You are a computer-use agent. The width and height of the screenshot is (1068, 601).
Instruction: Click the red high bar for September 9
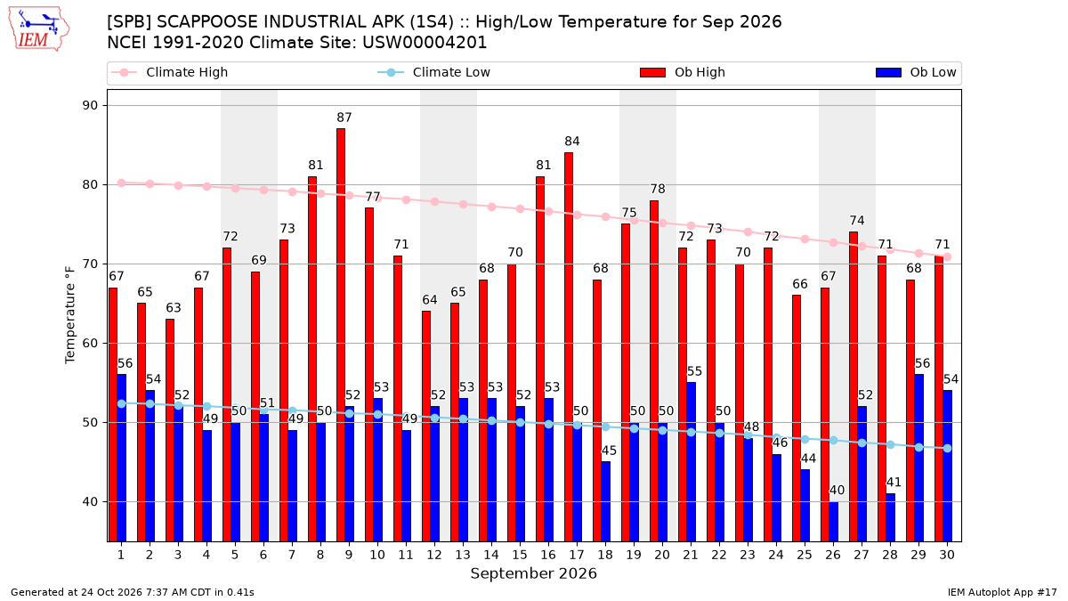340,335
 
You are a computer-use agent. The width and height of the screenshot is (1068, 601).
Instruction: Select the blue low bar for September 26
833,522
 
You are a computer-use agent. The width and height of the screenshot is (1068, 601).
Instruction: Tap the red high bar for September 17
569,346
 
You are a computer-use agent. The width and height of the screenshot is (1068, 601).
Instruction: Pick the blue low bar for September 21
691,462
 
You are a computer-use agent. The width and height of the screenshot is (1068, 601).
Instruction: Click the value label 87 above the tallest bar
344,118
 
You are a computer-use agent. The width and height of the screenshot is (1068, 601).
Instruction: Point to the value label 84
572,142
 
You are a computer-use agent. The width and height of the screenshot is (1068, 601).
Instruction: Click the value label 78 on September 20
658,189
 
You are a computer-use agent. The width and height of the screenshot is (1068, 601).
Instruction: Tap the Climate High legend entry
169,72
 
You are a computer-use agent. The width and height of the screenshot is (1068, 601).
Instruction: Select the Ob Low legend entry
916,72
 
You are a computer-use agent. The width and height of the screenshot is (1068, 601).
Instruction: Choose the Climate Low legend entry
434,72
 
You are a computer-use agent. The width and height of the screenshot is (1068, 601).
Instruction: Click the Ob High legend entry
683,72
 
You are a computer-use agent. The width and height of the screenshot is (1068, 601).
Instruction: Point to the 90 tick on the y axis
90,105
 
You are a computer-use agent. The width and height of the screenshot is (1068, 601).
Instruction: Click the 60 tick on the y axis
90,344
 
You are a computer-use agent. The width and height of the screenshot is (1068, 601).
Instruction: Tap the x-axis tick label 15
520,555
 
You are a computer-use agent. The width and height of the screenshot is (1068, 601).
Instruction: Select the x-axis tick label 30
947,555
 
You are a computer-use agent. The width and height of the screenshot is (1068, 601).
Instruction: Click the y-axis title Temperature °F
70,315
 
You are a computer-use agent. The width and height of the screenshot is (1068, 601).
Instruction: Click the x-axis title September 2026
533,573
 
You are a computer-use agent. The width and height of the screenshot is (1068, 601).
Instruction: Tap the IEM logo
39,29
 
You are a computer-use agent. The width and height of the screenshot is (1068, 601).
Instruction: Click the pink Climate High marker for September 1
122,183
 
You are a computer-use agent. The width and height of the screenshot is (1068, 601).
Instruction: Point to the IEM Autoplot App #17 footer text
1002,592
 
